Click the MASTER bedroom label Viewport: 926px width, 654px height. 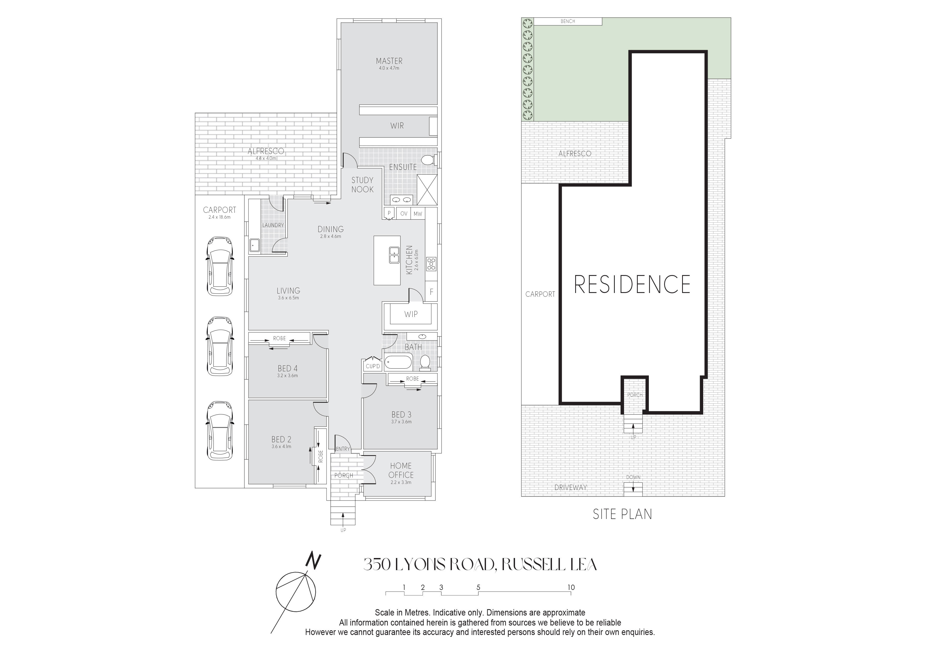(389, 61)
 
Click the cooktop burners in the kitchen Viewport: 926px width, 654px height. (431, 263)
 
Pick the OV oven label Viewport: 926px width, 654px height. (404, 214)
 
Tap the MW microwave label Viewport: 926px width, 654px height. (418, 214)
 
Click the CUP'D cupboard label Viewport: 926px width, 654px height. (373, 366)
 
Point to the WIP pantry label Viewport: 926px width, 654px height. (411, 314)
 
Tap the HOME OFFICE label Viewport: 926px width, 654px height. (401, 470)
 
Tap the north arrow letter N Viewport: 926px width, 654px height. (313, 561)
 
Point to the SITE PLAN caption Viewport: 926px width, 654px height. (622, 514)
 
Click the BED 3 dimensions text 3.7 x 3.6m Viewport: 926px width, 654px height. (401, 422)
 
